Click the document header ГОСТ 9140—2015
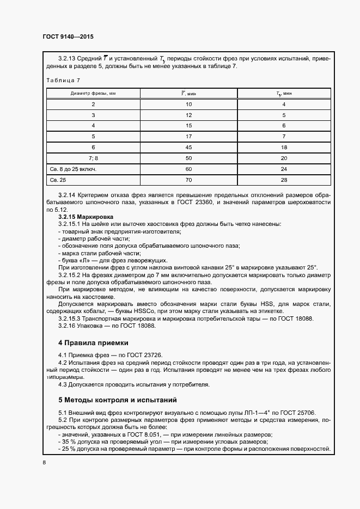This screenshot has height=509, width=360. (68, 36)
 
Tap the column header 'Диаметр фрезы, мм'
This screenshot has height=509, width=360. (93, 93)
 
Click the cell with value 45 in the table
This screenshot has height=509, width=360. (188, 147)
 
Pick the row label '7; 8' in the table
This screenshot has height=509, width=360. (93, 158)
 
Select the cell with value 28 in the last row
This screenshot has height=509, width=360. (284, 180)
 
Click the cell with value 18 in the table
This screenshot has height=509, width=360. (284, 147)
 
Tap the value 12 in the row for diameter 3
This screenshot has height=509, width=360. (188, 115)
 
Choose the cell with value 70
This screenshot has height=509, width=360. (188, 180)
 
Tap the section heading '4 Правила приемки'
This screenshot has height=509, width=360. (93, 343)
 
